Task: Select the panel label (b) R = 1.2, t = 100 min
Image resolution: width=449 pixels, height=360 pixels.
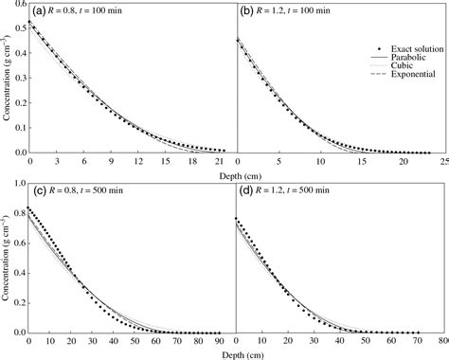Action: click(x=289, y=12)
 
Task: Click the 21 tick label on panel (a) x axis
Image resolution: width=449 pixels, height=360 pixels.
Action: click(x=221, y=160)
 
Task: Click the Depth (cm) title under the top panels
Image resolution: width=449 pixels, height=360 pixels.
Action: click(x=237, y=171)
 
